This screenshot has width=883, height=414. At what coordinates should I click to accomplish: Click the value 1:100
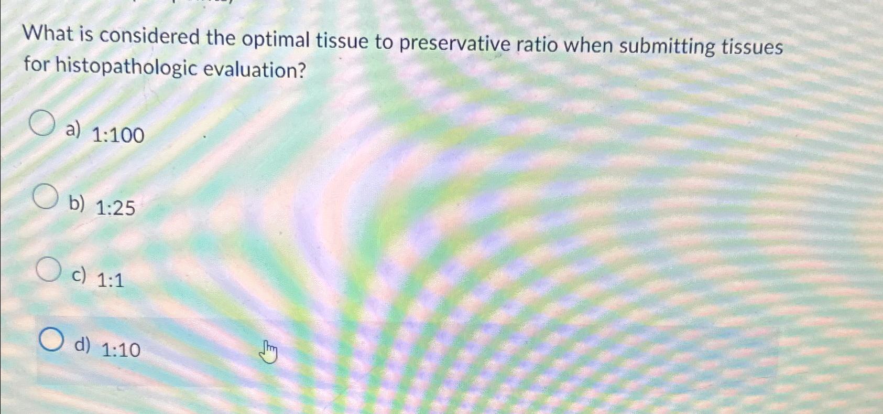(x=118, y=135)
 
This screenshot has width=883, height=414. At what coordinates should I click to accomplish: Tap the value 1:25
(x=115, y=208)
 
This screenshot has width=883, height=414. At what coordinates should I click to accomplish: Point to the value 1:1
(x=111, y=281)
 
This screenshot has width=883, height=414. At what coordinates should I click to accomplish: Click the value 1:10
(x=121, y=349)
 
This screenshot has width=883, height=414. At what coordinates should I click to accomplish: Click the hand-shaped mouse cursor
(x=268, y=352)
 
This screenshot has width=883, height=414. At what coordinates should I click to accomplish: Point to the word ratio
(x=537, y=45)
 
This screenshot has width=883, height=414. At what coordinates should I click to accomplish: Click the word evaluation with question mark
(x=254, y=70)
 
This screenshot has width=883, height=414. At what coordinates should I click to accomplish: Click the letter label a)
(x=73, y=129)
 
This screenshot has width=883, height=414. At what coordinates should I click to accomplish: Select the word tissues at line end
(x=752, y=47)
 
